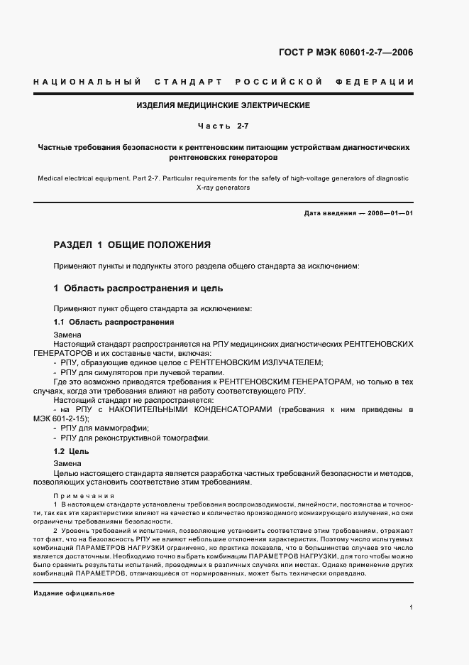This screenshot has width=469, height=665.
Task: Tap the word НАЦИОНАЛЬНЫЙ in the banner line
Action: point(87,82)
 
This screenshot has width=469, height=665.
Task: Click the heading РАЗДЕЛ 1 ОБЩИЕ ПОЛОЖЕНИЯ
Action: point(133,245)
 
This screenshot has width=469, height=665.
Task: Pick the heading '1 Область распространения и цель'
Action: point(138,288)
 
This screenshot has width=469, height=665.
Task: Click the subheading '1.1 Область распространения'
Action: point(114,322)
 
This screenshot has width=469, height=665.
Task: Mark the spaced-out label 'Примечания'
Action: point(79,496)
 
